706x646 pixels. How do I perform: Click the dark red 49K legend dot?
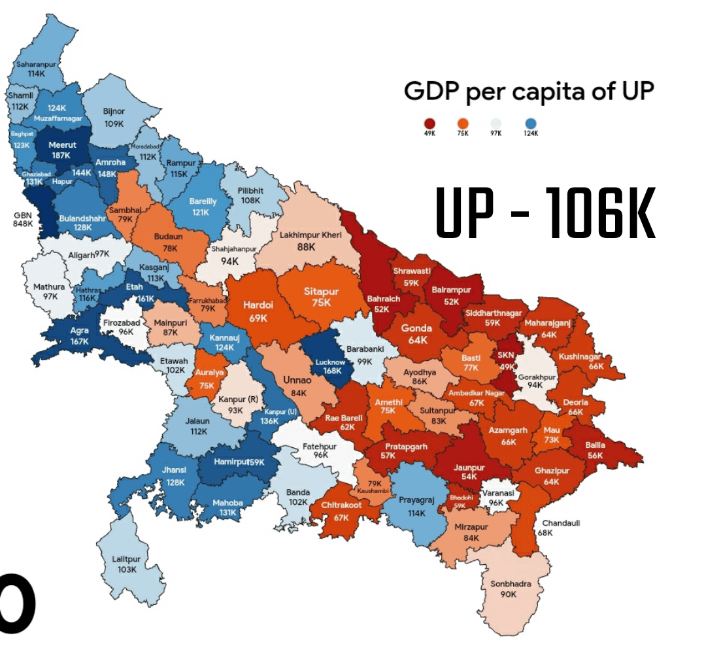tap(429, 124)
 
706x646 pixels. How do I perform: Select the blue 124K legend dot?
tap(530, 124)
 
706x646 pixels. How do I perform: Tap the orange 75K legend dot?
tap(463, 124)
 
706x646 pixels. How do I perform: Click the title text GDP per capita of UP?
tap(528, 91)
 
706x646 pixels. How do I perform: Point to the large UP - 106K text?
tap(545, 213)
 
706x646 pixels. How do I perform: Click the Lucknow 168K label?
tap(329, 366)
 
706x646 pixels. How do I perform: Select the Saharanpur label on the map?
tap(36, 69)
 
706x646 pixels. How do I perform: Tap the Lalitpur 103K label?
tap(126, 564)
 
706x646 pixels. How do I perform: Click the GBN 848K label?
tap(23, 219)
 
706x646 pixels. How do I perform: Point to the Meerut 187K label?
tap(62, 150)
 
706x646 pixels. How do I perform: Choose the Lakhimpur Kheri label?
tap(307, 240)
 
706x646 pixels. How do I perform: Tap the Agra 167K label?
tap(79, 335)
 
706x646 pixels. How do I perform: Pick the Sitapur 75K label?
tap(321, 297)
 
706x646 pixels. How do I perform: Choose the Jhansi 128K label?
tap(175, 475)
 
